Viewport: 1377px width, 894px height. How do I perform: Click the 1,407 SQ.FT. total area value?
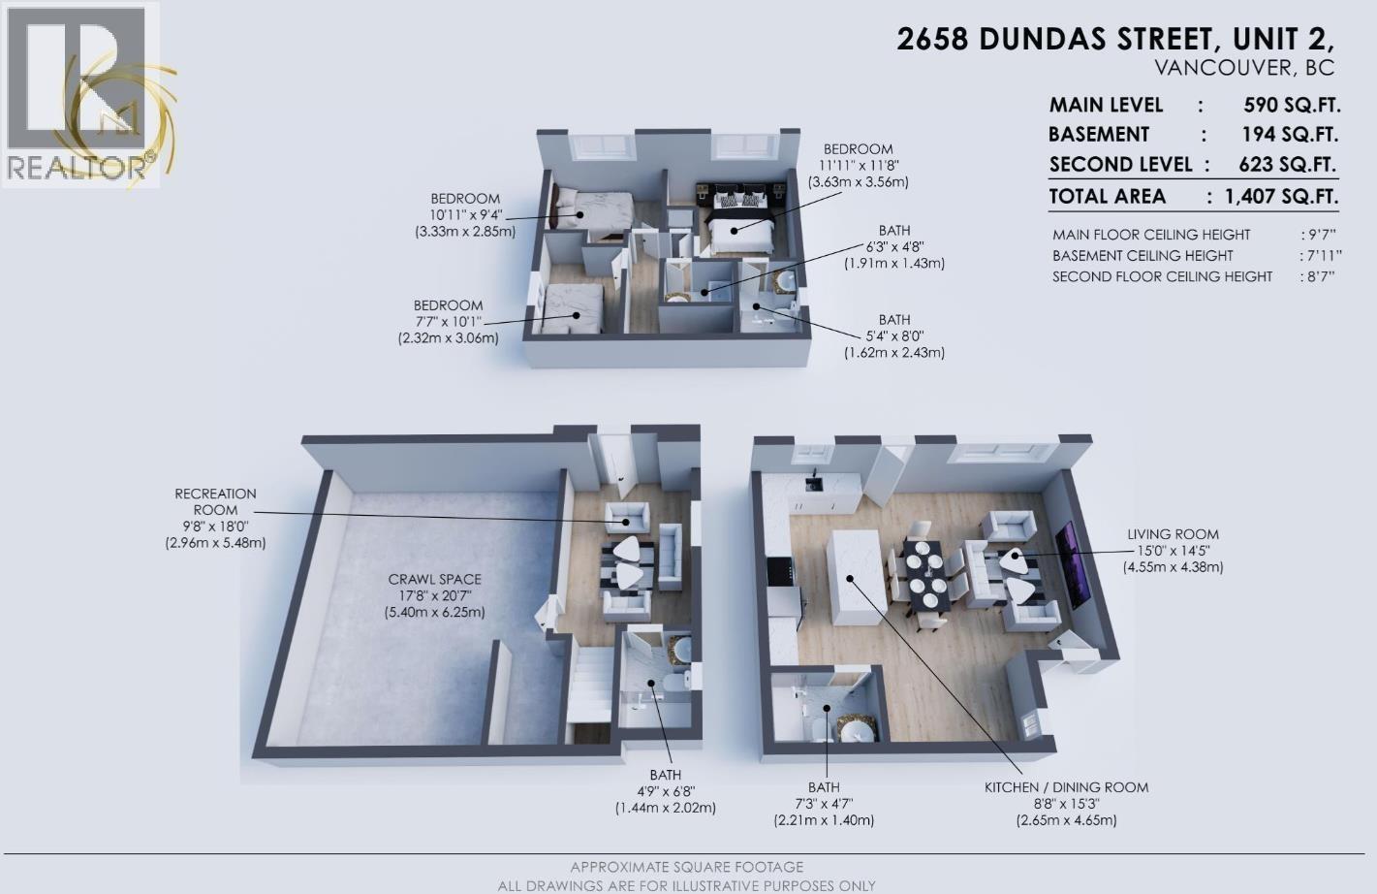point(1281,196)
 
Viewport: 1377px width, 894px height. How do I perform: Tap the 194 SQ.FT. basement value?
point(1290,134)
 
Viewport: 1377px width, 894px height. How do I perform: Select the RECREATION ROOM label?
point(215,501)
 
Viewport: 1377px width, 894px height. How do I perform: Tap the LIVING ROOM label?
point(1173,534)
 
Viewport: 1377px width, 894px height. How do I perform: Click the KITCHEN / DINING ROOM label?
point(1066,787)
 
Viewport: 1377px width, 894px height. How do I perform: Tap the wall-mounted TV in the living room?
point(1078,564)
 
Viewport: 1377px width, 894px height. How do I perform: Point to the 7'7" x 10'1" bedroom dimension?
point(448,322)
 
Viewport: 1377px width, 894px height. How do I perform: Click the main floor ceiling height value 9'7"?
point(1319,235)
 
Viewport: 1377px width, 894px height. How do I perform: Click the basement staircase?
point(588,684)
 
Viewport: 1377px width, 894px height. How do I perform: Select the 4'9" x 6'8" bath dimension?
point(665,791)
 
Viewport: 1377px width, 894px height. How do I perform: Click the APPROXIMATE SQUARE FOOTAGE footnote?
point(686,867)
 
